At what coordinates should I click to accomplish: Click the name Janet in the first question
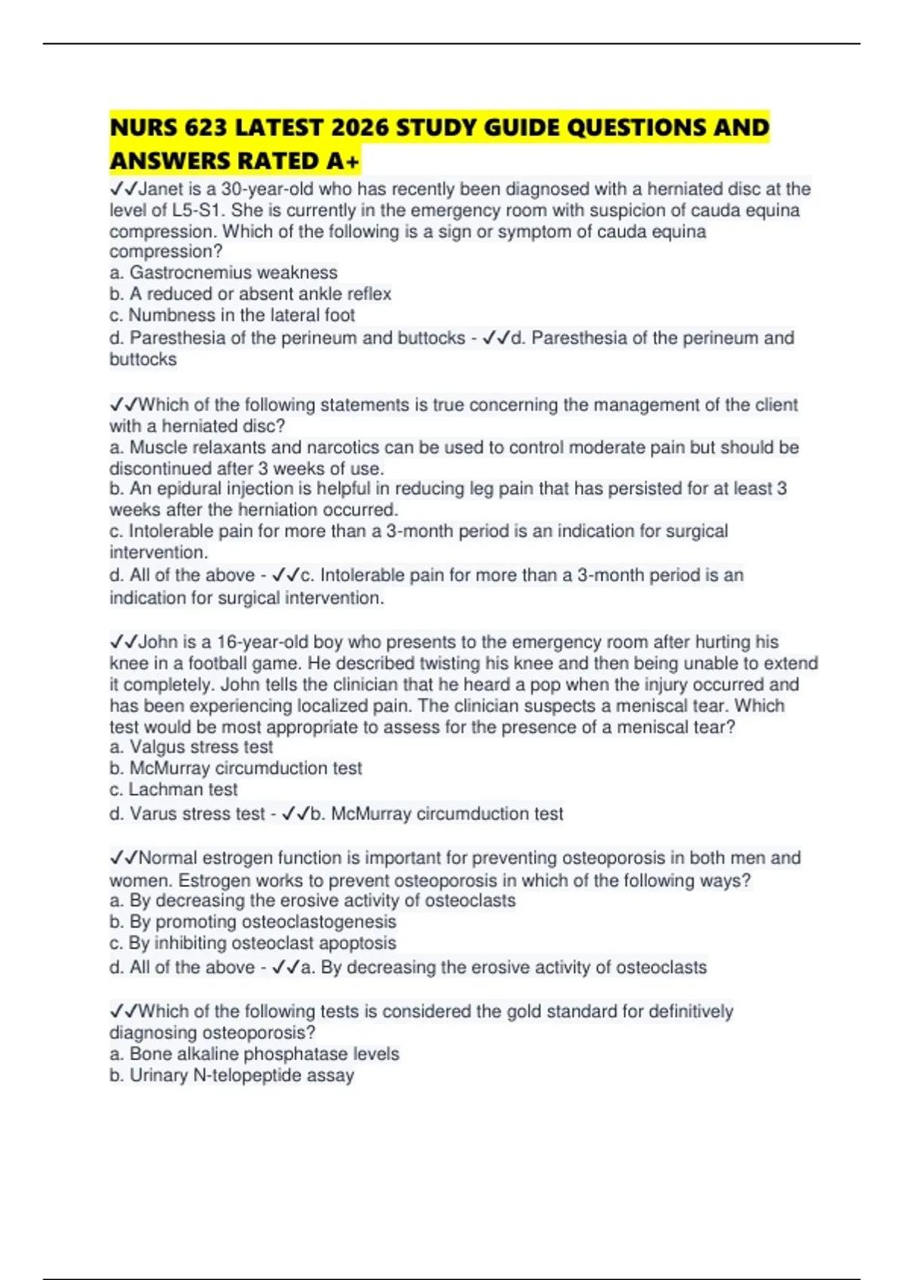coord(161,189)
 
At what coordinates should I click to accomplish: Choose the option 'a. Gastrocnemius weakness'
coord(223,273)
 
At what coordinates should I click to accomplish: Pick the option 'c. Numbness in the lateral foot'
coord(232,315)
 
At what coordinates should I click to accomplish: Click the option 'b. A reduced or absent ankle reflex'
coord(250,294)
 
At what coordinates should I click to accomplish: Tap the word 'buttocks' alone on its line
coord(143,359)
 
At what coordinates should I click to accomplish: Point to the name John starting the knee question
coord(158,642)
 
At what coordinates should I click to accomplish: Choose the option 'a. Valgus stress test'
coord(191,747)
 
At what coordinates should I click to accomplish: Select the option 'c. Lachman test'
coord(173,789)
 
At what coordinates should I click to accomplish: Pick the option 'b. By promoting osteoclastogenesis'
coord(252,922)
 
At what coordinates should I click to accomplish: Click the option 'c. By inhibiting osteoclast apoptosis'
coord(252,943)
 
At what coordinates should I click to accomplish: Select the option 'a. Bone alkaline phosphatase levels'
coord(254,1053)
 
